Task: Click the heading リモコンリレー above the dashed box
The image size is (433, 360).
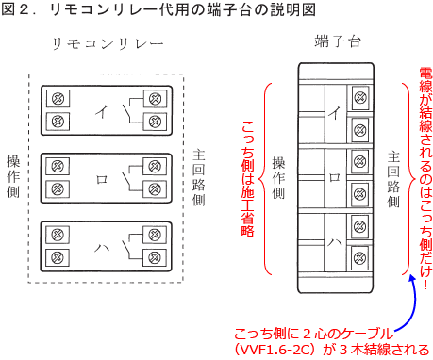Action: tap(108, 43)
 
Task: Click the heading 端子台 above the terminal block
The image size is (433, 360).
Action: tap(338, 41)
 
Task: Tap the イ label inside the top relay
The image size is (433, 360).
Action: tap(102, 111)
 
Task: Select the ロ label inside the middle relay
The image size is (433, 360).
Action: tap(102, 180)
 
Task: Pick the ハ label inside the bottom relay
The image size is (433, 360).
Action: tap(102, 248)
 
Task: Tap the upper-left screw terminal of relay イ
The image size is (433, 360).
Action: tap(58, 99)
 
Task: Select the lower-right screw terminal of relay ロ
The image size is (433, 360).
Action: tap(155, 189)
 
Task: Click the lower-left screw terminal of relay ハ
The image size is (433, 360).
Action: tap(58, 257)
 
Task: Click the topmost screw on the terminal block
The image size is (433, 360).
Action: tap(360, 98)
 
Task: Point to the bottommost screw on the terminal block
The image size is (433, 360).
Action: tap(359, 258)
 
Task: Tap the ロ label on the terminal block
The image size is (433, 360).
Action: tap(335, 178)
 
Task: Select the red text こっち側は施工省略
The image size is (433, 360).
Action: tap(248, 178)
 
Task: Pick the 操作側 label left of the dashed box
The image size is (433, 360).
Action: tap(13, 176)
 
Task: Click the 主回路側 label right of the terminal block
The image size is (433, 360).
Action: tap(393, 180)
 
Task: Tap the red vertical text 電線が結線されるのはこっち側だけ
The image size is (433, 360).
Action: tap(425, 178)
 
